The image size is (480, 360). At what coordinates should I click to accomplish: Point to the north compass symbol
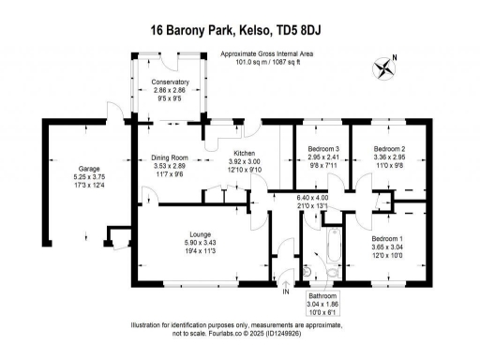383,67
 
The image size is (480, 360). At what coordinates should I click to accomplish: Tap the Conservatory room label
170,82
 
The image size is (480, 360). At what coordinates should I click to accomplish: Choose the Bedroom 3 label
322,149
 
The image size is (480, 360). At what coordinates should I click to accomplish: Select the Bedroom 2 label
388,149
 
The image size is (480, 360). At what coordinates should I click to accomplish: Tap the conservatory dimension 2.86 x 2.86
170,90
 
